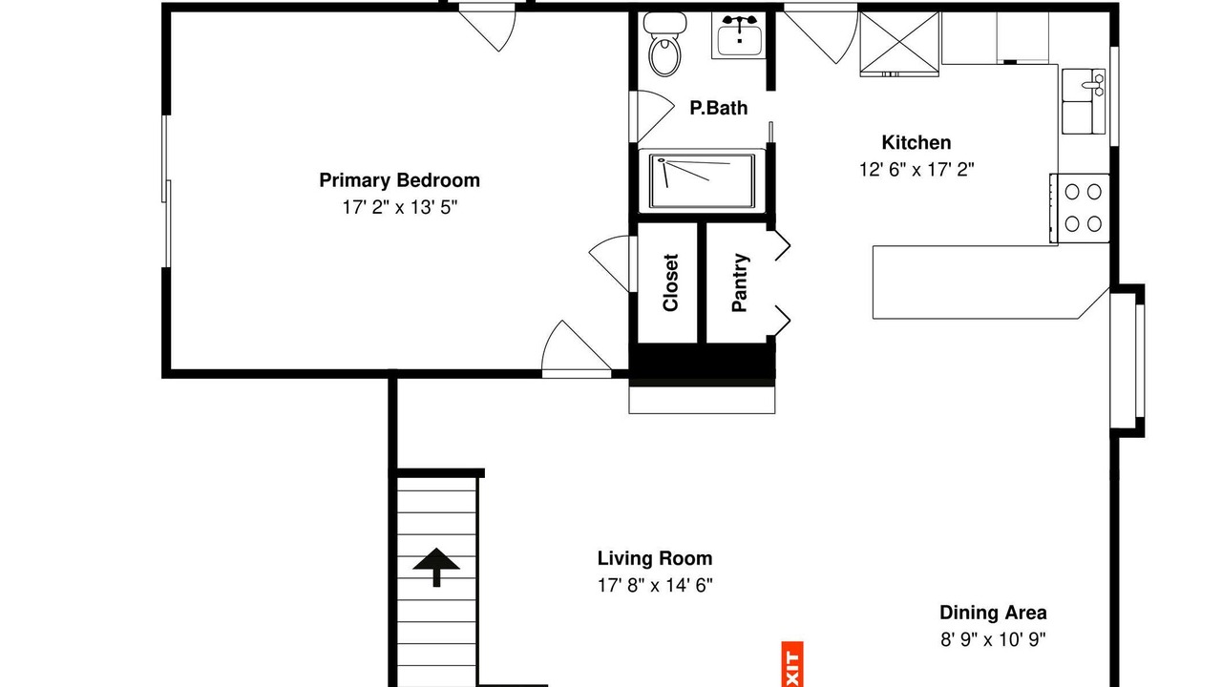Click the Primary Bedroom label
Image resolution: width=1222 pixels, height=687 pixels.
[x=399, y=180]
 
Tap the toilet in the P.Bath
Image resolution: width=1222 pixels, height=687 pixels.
[x=664, y=44]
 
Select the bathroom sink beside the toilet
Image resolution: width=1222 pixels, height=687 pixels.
[x=739, y=35]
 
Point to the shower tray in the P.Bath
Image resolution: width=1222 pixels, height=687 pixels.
[x=702, y=180]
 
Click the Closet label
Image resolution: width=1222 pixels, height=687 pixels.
[x=670, y=283]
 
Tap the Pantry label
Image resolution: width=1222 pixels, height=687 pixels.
[x=739, y=282]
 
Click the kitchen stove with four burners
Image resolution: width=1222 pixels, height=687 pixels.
[x=1080, y=208]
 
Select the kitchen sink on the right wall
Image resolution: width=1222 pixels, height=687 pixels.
[x=1084, y=101]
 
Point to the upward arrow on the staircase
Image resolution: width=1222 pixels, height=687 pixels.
[x=436, y=567]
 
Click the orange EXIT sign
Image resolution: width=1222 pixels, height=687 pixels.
[x=792, y=664]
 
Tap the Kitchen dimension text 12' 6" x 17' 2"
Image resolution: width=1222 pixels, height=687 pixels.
[x=916, y=170]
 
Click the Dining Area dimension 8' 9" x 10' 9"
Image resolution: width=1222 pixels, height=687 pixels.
[x=993, y=639]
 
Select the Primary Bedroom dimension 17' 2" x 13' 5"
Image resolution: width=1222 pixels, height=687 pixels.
[x=399, y=207]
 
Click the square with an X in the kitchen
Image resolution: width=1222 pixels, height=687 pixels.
[x=899, y=43]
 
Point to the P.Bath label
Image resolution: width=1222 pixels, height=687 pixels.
[x=719, y=108]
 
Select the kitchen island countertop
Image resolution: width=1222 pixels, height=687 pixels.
[x=990, y=281]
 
